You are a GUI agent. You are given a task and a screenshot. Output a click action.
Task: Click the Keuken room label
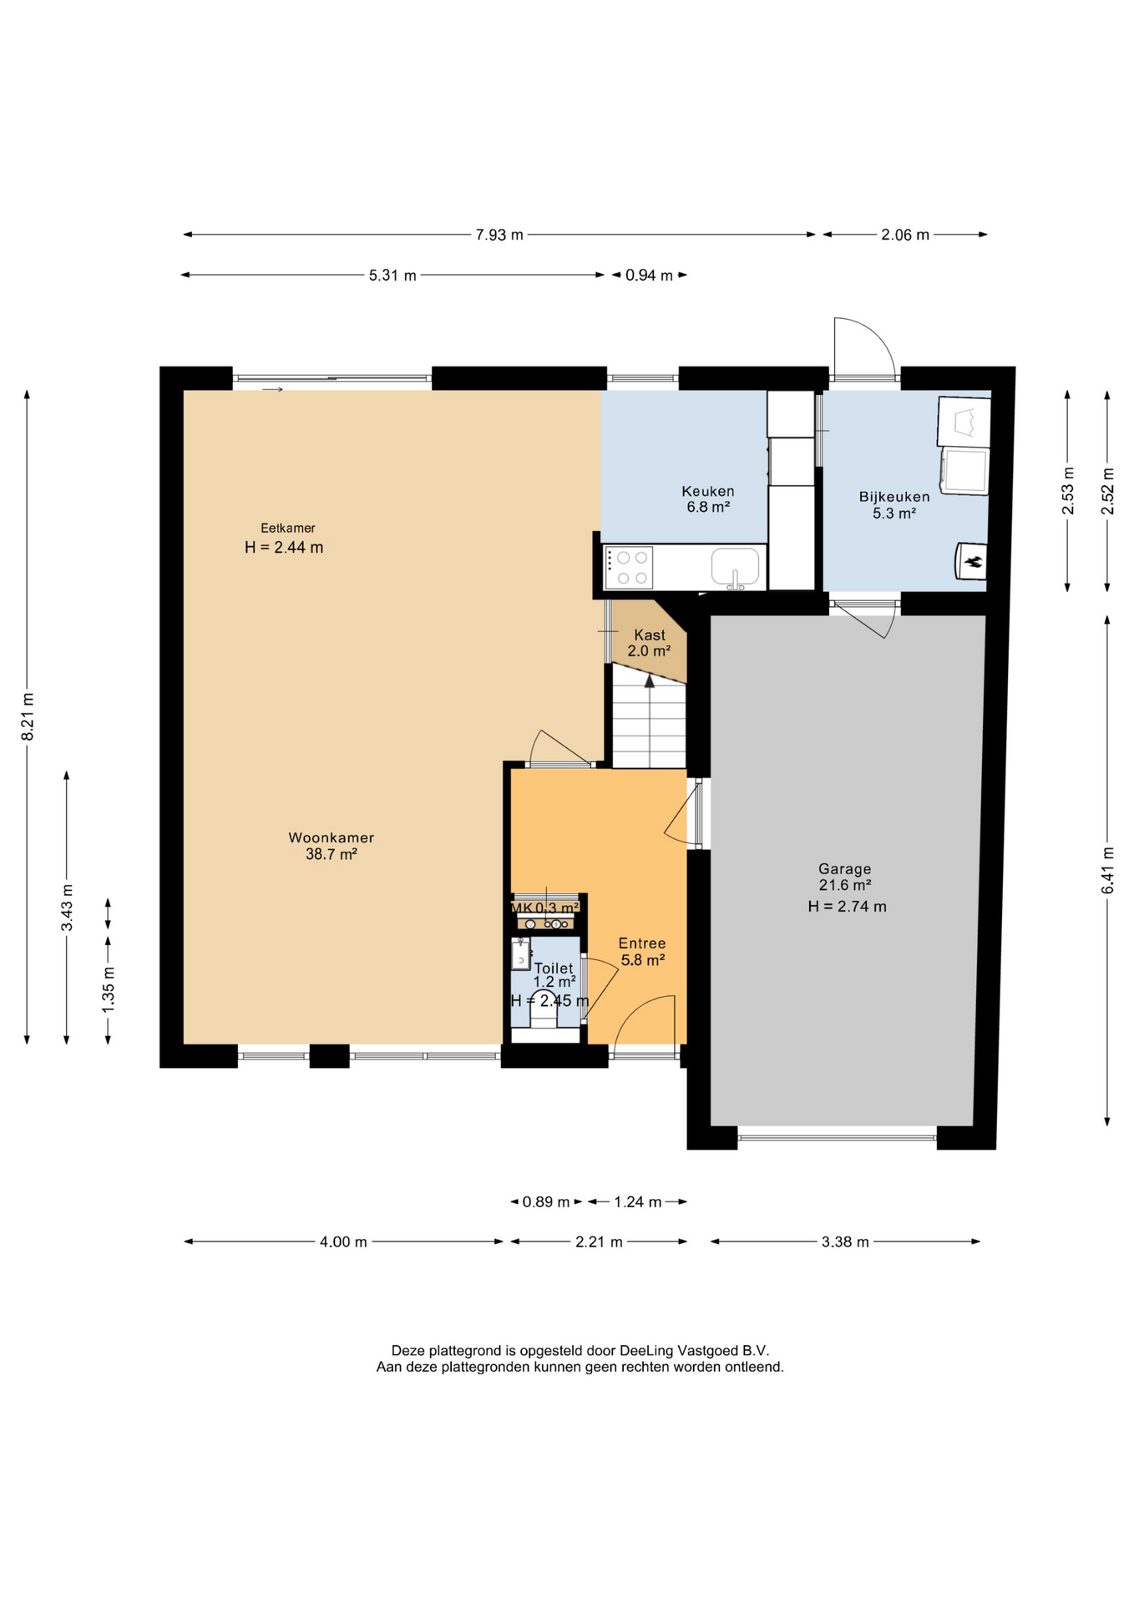pos(707,492)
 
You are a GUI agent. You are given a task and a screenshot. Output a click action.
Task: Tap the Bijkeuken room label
pos(894,497)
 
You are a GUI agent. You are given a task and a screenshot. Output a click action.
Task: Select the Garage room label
pos(845,869)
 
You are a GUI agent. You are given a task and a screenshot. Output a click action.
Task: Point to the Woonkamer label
pos(332,837)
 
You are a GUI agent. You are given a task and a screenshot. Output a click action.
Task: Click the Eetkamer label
pos(288,528)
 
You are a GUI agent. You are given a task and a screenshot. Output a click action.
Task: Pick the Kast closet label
pos(650,635)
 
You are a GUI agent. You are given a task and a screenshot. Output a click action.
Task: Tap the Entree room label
pos(642,943)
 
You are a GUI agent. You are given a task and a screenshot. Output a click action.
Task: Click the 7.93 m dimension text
pos(499,235)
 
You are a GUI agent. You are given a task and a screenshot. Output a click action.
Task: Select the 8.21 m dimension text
pos(28,716)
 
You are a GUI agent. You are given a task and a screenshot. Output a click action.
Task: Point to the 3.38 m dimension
pos(845,1242)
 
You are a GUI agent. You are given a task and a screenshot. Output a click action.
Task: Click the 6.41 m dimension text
pos(1108,870)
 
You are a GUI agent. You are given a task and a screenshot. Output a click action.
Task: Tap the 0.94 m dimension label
pos(649,276)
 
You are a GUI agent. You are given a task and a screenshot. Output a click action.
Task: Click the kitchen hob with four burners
pos(629,568)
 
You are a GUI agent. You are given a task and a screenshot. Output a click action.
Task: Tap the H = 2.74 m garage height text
pos(847,907)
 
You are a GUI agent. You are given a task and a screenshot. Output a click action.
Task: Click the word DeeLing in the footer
pos(646,1350)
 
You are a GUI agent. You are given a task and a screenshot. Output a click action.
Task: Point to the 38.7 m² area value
pos(332,854)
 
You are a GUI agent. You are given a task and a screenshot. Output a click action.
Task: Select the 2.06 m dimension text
pos(905,235)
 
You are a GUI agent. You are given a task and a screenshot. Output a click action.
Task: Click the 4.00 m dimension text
pos(343,1242)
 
